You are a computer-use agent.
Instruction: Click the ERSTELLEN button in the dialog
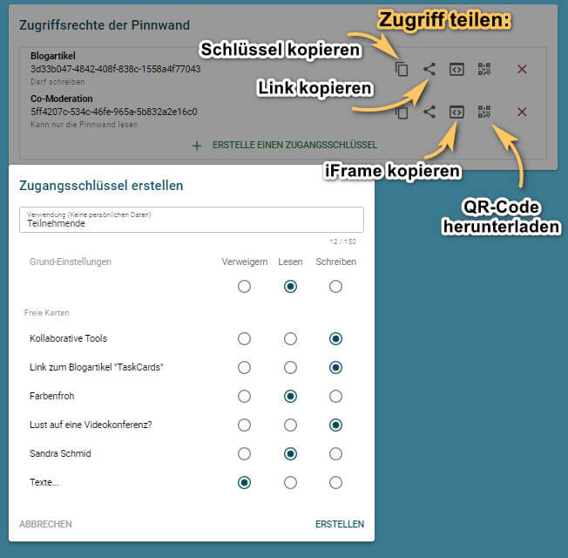click(340, 524)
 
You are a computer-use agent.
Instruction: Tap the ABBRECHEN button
click(45, 524)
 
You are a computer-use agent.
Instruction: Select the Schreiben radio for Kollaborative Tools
click(335, 338)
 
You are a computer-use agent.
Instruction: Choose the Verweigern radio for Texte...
click(245, 482)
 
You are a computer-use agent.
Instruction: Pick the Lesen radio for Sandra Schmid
click(290, 453)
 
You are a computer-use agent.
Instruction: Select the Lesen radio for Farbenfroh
click(290, 396)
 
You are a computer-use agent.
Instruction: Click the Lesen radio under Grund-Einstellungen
click(290, 286)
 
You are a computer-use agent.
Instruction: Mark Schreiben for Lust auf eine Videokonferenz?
click(335, 425)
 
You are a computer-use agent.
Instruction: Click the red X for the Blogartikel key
click(522, 69)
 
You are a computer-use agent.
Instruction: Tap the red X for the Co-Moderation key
click(522, 112)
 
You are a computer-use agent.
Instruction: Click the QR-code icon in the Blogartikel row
click(484, 69)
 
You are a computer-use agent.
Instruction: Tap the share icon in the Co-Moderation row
click(429, 112)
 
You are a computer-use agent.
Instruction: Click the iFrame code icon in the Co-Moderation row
click(456, 112)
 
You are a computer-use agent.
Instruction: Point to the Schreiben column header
click(335, 262)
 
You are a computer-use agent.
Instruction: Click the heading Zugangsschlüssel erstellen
click(101, 185)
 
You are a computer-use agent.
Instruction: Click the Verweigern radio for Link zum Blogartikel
click(245, 367)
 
